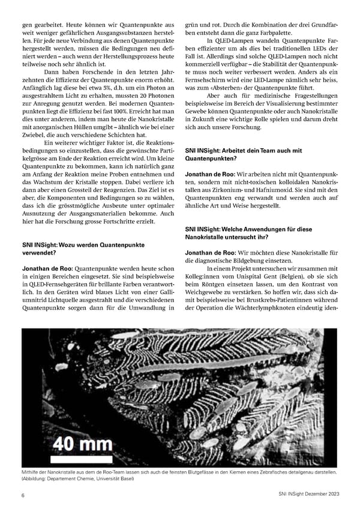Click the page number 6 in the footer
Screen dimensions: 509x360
coord(23,495)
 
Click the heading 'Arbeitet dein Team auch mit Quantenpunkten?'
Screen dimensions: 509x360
coord(244,155)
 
